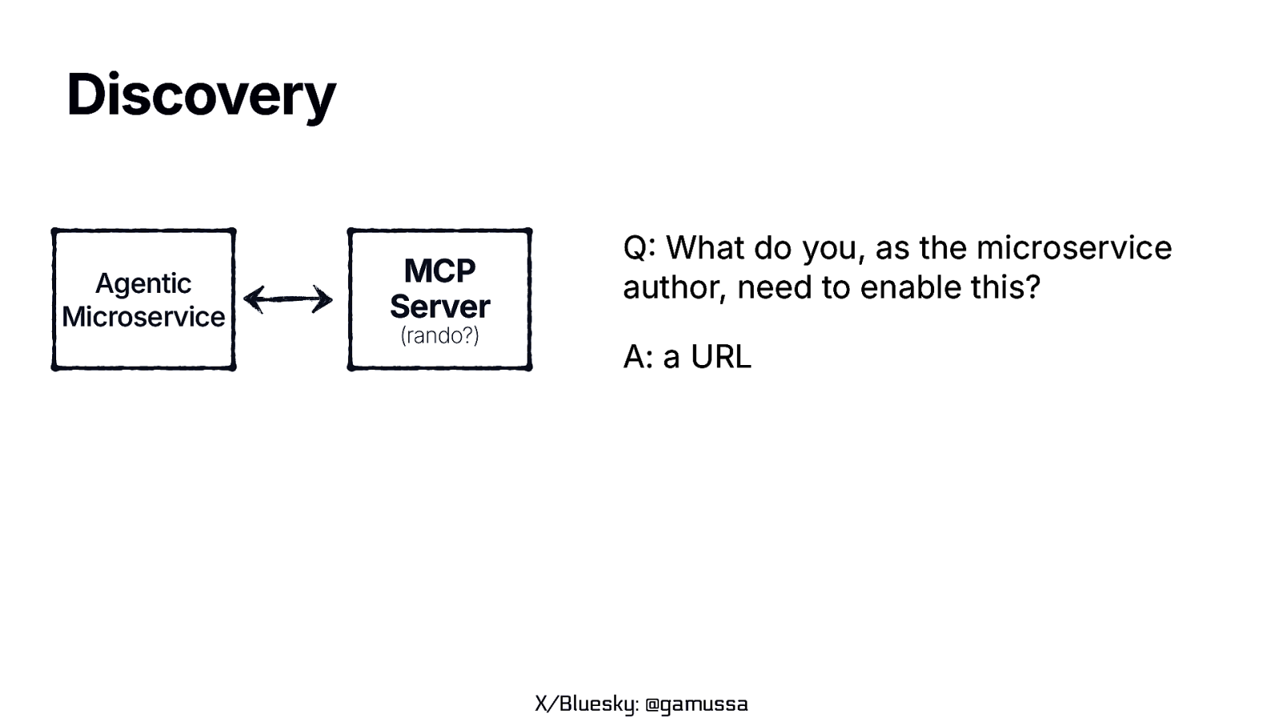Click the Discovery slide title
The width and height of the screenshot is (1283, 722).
(x=200, y=95)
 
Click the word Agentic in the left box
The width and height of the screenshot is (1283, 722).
(x=143, y=283)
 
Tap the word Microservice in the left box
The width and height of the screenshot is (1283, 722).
(x=143, y=317)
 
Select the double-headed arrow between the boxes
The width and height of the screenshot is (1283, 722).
(x=288, y=299)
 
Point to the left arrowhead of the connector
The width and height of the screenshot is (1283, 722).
(x=251, y=299)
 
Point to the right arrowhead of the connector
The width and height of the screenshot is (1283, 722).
(x=324, y=299)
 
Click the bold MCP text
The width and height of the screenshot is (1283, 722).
(x=439, y=271)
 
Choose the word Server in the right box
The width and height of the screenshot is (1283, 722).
(x=439, y=306)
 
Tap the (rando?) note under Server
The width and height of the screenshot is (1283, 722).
(x=439, y=335)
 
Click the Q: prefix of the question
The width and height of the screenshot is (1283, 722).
(x=639, y=248)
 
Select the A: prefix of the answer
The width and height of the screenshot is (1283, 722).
(x=639, y=357)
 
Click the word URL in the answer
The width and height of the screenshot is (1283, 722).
(x=721, y=357)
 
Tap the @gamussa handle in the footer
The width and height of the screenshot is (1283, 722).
(x=696, y=704)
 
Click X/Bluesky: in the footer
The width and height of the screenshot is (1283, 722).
(x=586, y=704)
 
